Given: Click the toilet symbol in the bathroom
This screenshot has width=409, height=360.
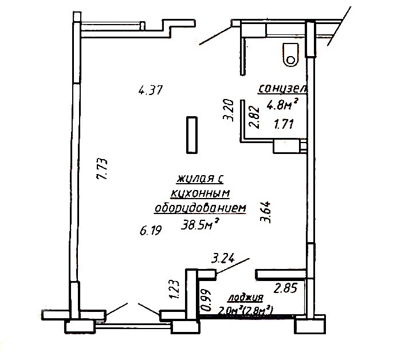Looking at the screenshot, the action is click(290, 54).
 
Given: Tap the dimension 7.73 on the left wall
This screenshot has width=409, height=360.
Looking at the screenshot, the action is click(102, 169).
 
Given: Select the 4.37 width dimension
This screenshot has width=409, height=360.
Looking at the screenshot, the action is click(151, 90).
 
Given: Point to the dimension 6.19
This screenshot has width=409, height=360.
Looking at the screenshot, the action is click(151, 231).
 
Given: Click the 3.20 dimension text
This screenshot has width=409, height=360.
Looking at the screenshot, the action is click(228, 110).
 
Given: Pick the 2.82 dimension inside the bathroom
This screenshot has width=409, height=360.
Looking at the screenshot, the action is click(254, 117).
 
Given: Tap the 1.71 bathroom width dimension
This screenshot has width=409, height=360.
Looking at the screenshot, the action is click(284, 124).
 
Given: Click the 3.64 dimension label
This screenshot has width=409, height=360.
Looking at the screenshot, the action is click(266, 212).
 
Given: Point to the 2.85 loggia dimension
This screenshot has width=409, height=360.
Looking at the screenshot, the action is click(285, 288).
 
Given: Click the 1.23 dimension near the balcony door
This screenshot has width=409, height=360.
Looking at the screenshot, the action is click(174, 290).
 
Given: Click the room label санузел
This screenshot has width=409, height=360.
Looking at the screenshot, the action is click(282, 89).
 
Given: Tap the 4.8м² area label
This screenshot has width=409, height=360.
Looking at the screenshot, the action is click(282, 104).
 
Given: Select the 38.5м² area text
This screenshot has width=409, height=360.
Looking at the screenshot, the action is click(200, 224).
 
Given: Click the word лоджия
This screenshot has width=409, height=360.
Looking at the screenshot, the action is click(246, 298).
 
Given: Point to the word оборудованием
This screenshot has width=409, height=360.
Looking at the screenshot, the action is click(200, 208).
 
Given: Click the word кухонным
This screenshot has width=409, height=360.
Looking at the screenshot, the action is click(200, 193).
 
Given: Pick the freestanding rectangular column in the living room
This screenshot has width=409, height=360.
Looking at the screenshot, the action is click(192, 134).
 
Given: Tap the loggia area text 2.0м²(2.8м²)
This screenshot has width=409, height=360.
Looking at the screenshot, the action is click(246, 310).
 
